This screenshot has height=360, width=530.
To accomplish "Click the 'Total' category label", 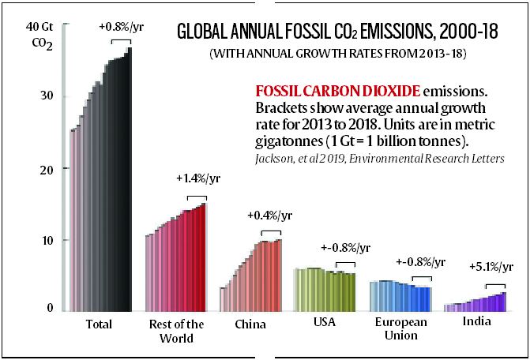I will (x=99, y=324).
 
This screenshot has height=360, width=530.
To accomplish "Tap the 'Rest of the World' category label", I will (x=176, y=332).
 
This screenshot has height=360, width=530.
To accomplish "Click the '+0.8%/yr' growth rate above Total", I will (x=119, y=27).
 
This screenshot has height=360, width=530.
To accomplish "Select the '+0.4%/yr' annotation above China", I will (x=270, y=216).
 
